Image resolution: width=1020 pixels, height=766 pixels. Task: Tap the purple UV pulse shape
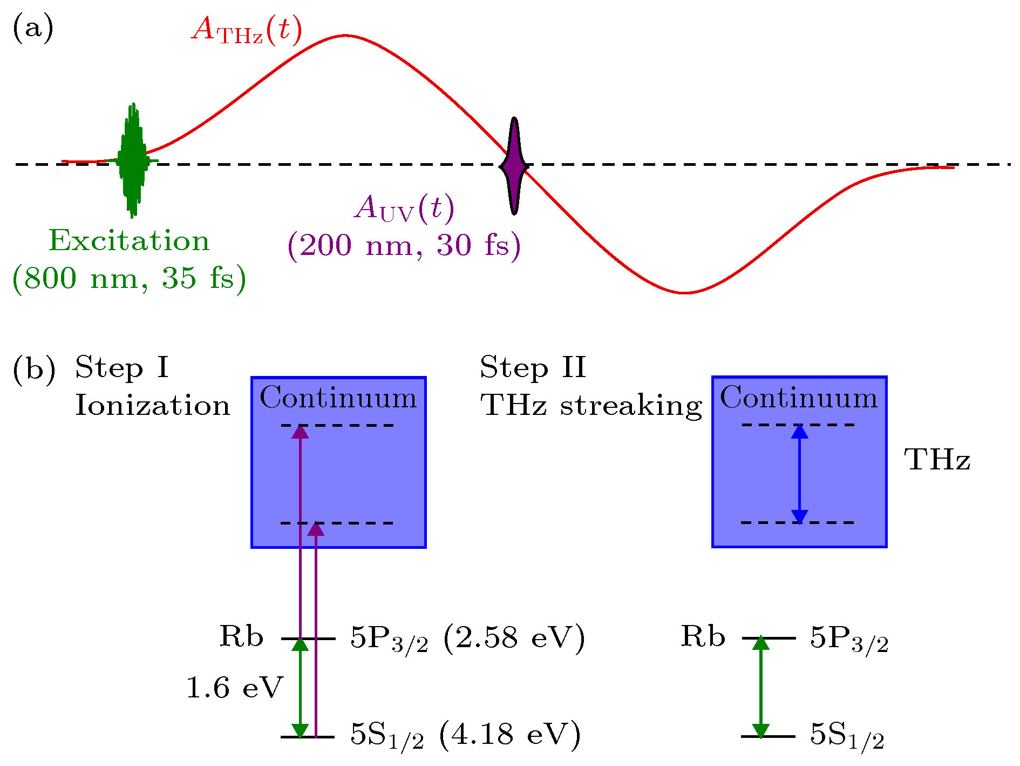[x=514, y=165]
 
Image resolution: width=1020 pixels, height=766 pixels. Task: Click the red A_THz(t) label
[x=247, y=30]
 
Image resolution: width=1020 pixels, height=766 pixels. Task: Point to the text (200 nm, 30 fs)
[x=404, y=246]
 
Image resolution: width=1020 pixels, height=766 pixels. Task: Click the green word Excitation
[x=129, y=240]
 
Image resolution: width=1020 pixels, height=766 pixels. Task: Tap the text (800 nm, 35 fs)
[x=130, y=278]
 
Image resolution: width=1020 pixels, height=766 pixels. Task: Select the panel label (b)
[x=34, y=371]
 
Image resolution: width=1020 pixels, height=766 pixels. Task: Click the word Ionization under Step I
[x=153, y=405]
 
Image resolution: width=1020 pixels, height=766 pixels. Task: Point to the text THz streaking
[x=591, y=406]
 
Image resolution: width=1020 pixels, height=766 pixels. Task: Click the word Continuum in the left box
[x=338, y=398]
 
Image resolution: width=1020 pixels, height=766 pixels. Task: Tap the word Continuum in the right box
[x=799, y=398]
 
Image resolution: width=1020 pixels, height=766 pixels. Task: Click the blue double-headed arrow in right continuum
[x=799, y=474]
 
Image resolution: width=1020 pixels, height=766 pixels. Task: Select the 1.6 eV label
[x=235, y=688]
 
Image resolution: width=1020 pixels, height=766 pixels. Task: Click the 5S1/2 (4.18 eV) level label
[x=466, y=735]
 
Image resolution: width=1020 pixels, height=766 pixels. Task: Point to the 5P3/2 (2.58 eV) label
[x=468, y=639]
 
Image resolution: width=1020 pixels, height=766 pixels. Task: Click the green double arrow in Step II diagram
[x=760, y=687]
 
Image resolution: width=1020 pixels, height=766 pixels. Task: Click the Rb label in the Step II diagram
[x=703, y=636]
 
